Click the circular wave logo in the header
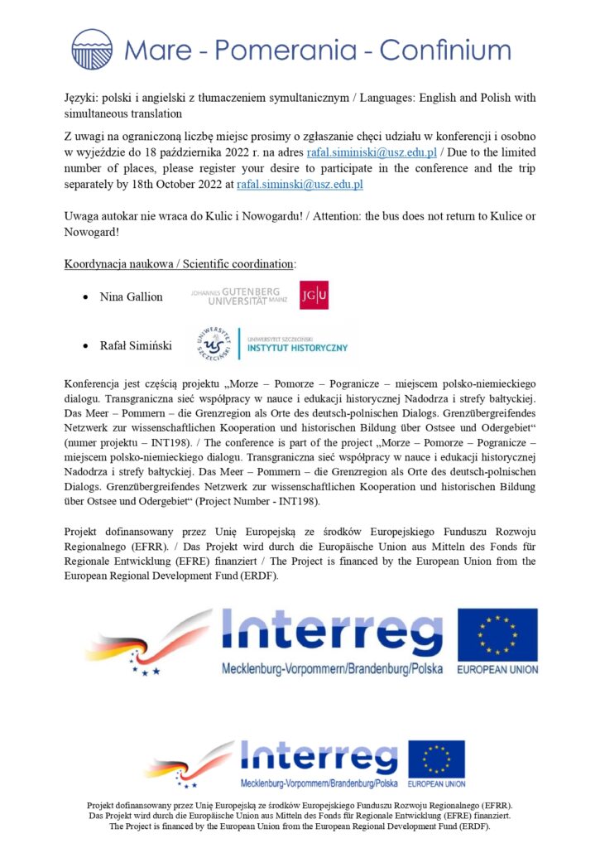pos(92,50)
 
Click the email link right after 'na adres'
pos(372,153)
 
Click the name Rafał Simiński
pos(136,345)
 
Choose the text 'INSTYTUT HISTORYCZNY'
pos(295,348)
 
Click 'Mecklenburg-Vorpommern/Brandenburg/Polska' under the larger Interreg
pos(332,667)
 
